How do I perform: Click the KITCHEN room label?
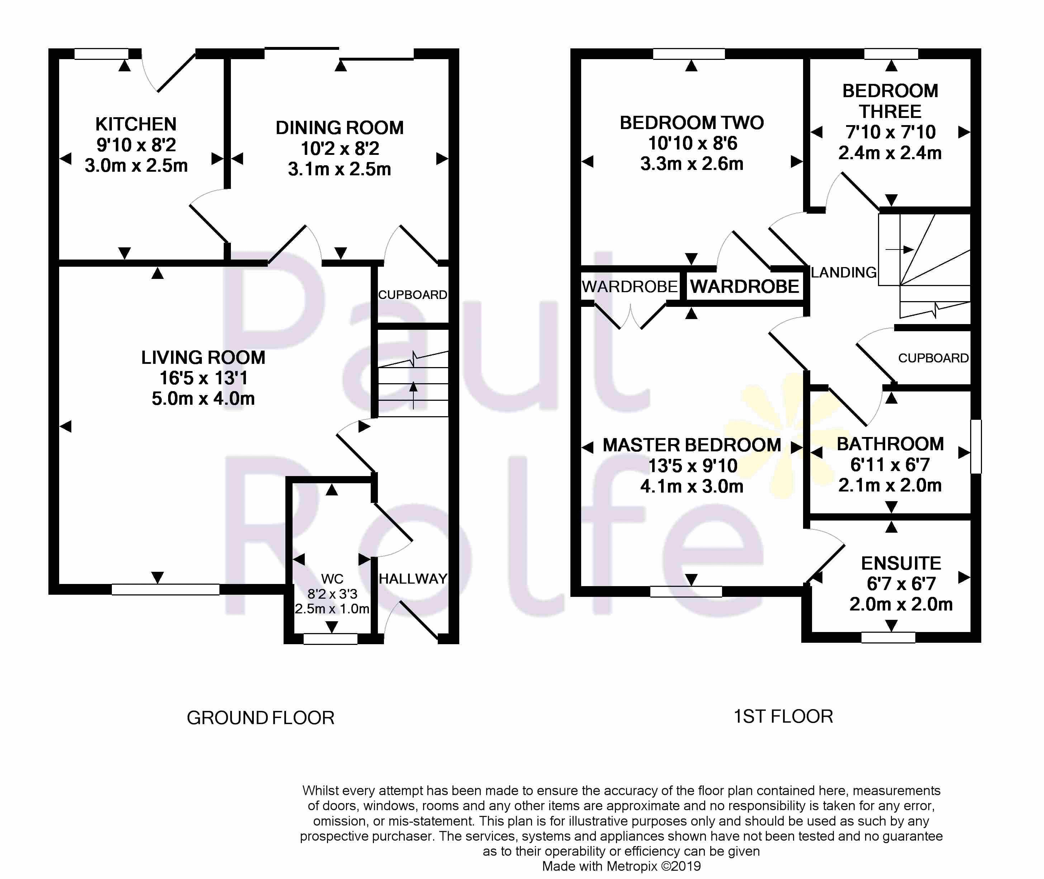point(136,124)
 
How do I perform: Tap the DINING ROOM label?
point(340,128)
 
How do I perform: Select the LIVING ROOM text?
point(203,358)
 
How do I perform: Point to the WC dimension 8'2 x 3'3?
point(332,594)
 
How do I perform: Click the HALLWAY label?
point(413,579)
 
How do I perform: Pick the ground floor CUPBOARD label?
point(413,295)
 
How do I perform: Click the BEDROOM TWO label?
point(692,123)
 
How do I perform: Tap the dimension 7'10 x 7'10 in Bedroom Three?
point(891,132)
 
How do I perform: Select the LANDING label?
point(844,272)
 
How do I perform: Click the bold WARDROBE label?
point(745,286)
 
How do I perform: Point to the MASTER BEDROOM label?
point(692,445)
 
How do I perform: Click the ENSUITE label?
point(901,564)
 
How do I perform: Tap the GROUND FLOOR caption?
point(261,718)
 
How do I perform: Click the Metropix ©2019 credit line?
point(621,866)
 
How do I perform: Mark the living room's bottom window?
point(165,589)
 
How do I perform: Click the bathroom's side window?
point(976,446)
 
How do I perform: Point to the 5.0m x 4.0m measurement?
point(203,399)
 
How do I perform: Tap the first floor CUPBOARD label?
point(933,358)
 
